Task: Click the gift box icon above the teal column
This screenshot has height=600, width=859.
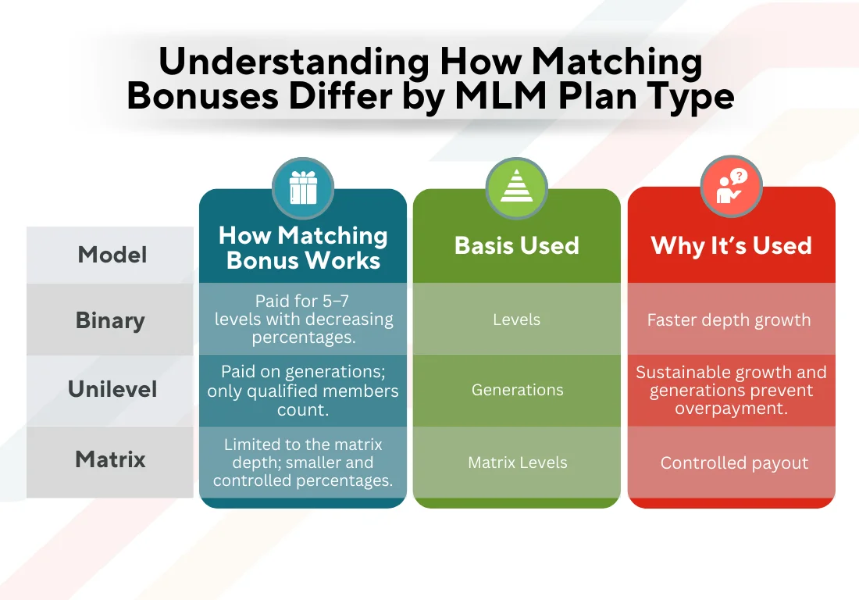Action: [x=303, y=189]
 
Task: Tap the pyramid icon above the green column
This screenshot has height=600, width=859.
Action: [x=516, y=189]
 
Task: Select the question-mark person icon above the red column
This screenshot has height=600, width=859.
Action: [x=731, y=187]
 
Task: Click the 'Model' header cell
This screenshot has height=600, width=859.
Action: [x=112, y=255]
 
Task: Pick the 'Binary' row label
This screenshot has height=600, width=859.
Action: [x=110, y=320]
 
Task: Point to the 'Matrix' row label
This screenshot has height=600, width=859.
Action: [x=110, y=459]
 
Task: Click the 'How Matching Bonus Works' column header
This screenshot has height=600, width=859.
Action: [x=303, y=248]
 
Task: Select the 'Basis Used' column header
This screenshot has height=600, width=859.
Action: [x=516, y=245]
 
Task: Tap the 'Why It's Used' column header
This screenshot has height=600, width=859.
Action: [x=731, y=245]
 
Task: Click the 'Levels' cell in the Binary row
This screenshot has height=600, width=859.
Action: [x=516, y=320]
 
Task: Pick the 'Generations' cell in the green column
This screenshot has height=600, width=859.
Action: [x=517, y=389]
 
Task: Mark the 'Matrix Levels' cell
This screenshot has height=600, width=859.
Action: [x=517, y=462]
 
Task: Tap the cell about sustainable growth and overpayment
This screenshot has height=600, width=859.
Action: [x=731, y=390]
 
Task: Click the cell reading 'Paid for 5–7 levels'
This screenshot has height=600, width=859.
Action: [x=303, y=320]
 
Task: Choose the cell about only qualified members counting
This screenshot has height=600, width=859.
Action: [x=303, y=390]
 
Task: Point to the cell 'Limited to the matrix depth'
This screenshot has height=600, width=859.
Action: [x=303, y=462]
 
